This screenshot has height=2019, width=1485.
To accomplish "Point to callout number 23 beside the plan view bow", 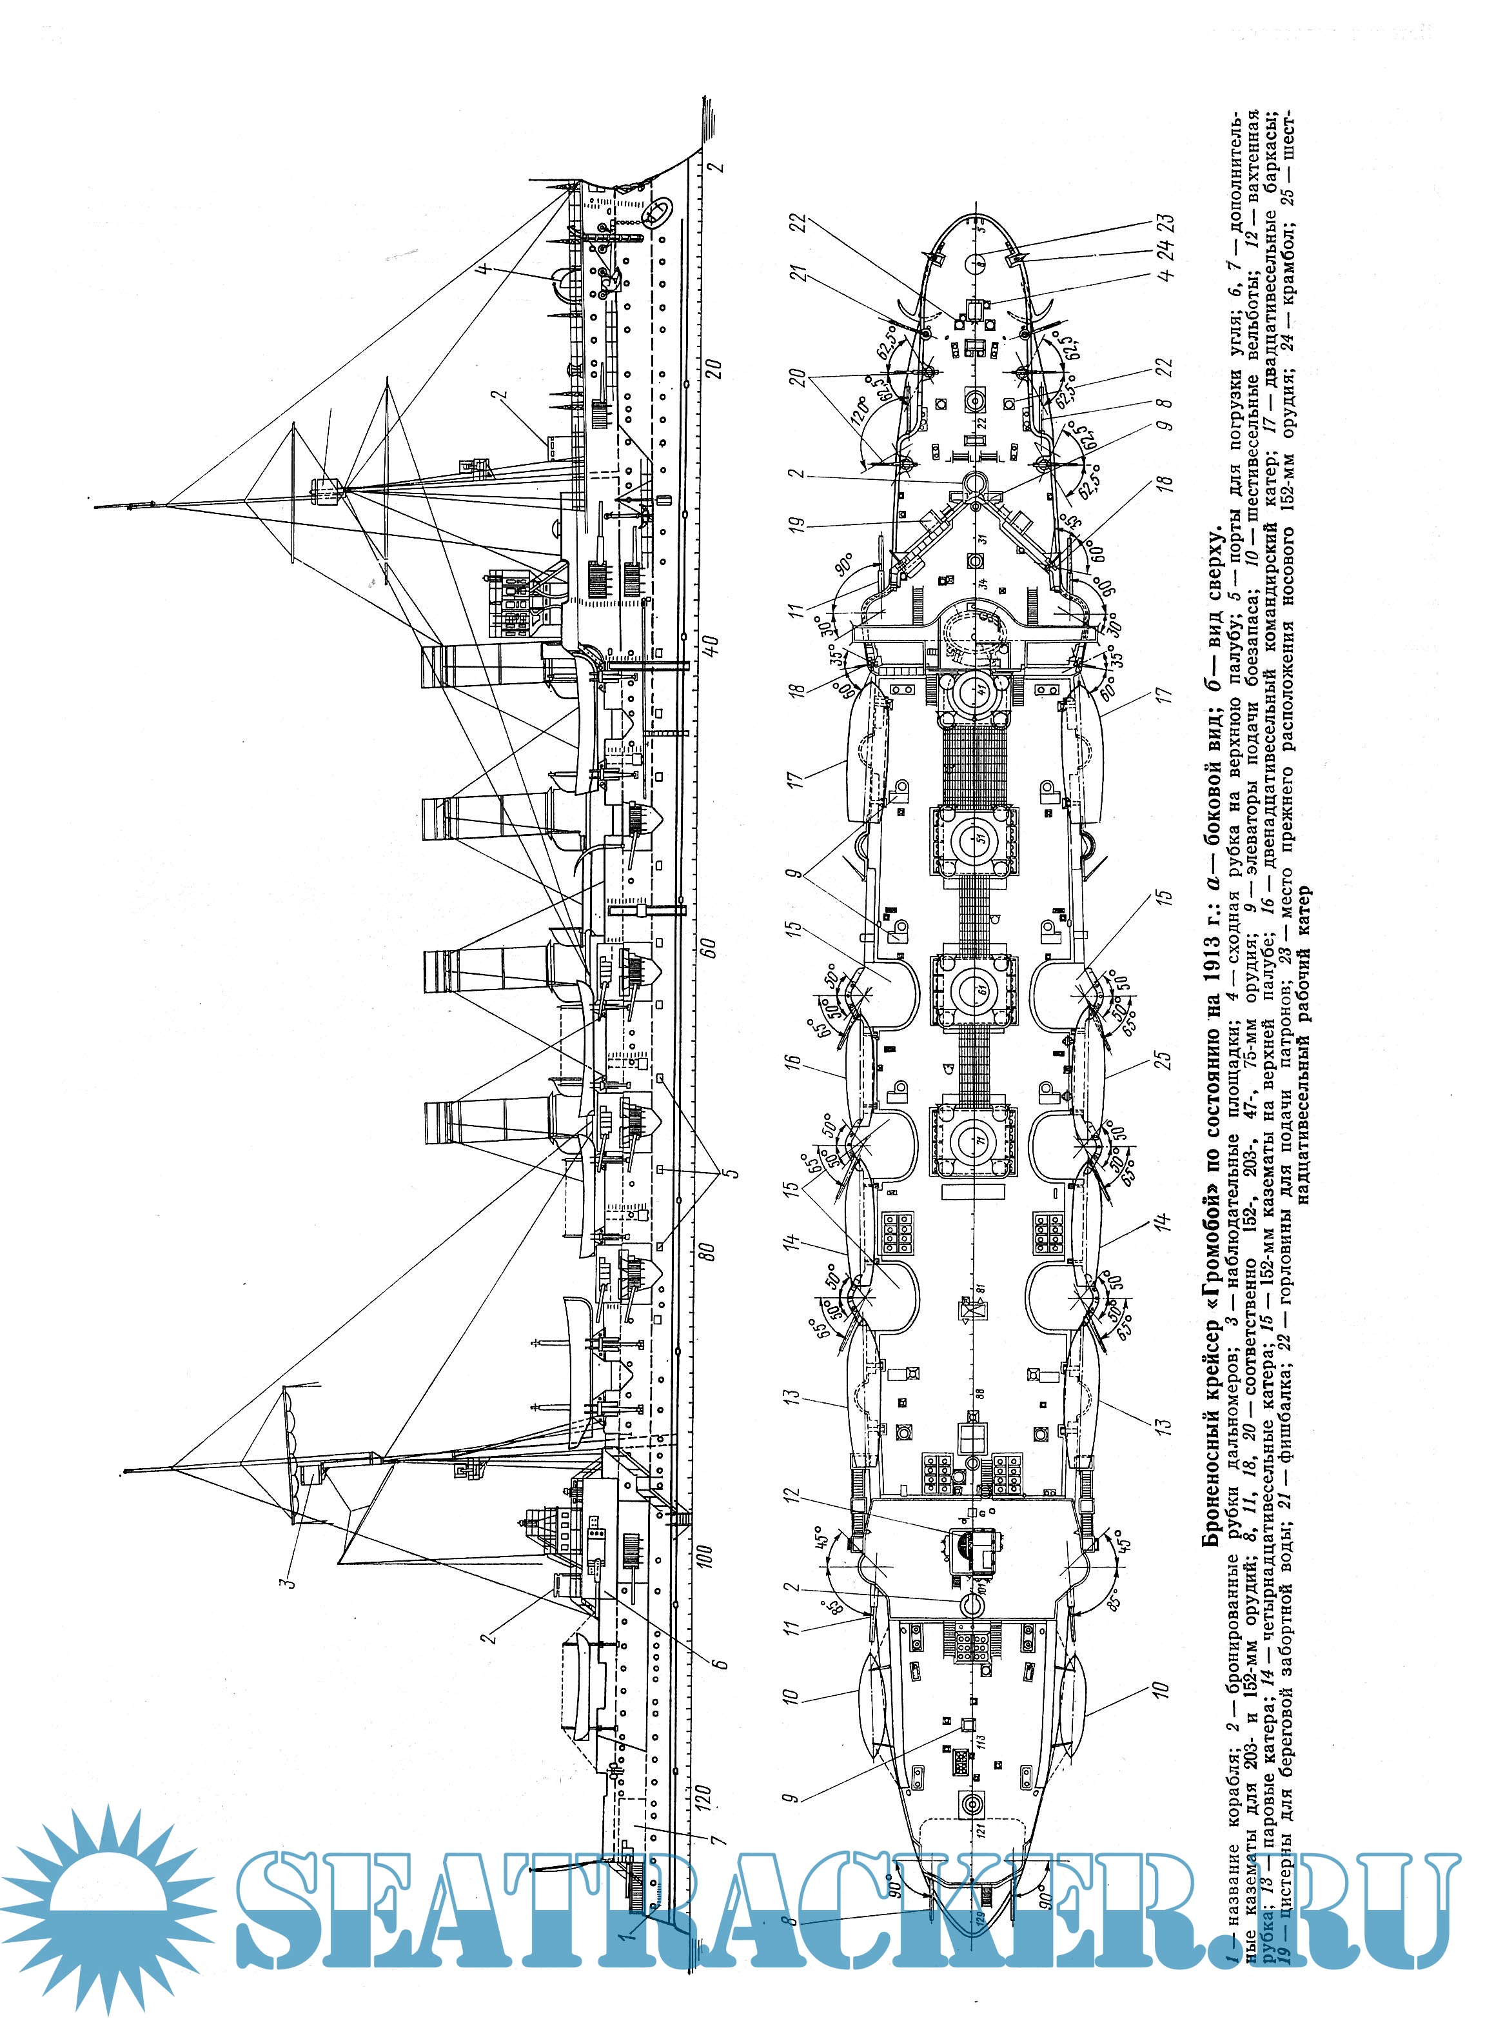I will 1166,224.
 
